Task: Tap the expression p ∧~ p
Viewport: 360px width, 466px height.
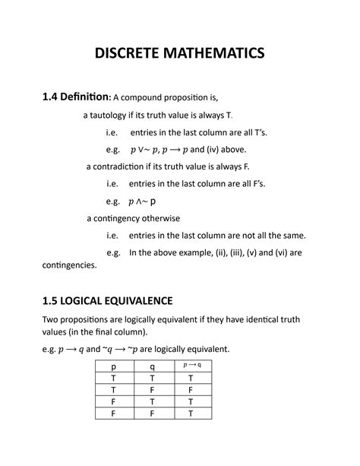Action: (x=143, y=201)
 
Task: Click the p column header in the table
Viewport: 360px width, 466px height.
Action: (x=113, y=367)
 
